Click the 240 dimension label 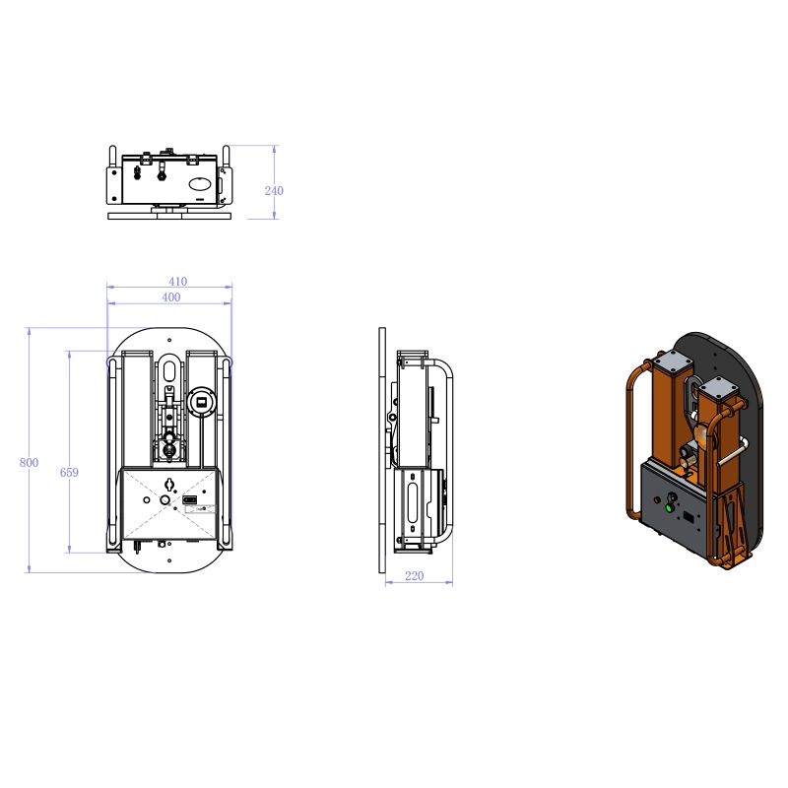tap(274, 190)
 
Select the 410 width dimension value tap(176, 282)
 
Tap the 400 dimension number tap(171, 296)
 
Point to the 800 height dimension tap(29, 462)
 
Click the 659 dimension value tap(69, 473)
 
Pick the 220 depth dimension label tap(414, 576)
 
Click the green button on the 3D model tap(670, 508)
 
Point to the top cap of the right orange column tap(718, 386)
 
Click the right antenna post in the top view tap(226, 159)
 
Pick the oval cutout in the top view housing tap(200, 183)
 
